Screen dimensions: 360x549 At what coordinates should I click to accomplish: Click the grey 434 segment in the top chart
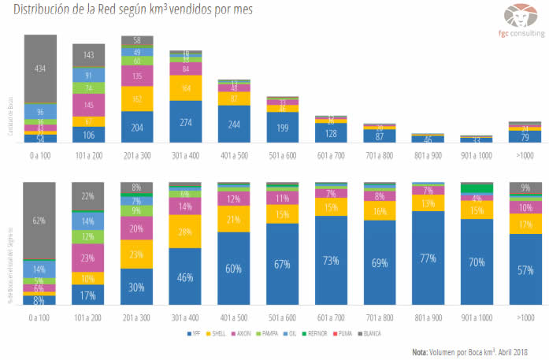(x=40, y=69)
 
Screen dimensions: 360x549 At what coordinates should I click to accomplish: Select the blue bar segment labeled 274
(x=186, y=122)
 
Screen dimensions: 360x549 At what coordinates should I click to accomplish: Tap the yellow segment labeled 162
(x=137, y=99)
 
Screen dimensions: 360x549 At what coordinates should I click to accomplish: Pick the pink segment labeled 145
(x=89, y=105)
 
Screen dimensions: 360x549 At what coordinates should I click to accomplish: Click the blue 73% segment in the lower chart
(x=332, y=260)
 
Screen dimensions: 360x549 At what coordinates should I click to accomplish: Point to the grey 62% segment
(x=40, y=221)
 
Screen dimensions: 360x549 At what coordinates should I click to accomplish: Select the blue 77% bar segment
(x=428, y=258)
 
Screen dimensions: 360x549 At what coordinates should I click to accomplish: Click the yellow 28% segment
(x=186, y=232)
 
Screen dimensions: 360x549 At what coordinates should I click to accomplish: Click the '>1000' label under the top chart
(x=525, y=154)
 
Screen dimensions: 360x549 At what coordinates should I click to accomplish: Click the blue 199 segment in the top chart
(x=283, y=128)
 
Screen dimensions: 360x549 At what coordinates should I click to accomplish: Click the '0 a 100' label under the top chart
(x=40, y=154)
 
